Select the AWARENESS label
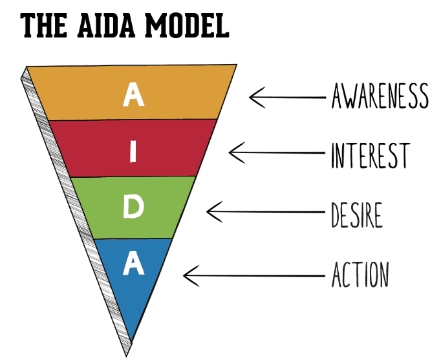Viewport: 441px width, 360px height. pyautogui.click(x=380, y=96)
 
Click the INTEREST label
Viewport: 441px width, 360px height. pyautogui.click(x=369, y=155)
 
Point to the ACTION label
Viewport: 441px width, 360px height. pyautogui.click(x=360, y=275)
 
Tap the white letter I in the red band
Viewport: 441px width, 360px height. pyautogui.click(x=133, y=153)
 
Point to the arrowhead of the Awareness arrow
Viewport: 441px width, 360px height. pyautogui.click(x=252, y=98)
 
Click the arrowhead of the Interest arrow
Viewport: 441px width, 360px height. pyautogui.click(x=231, y=153)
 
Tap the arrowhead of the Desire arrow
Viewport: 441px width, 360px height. pyautogui.click(x=208, y=211)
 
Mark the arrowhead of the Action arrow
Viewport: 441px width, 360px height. pyautogui.click(x=186, y=276)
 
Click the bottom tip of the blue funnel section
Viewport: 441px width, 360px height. pyautogui.click(x=132, y=338)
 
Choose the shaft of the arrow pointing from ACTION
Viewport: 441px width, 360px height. pyautogui.click(x=259, y=276)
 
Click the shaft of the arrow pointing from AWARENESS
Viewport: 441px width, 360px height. pyautogui.click(x=291, y=98)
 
